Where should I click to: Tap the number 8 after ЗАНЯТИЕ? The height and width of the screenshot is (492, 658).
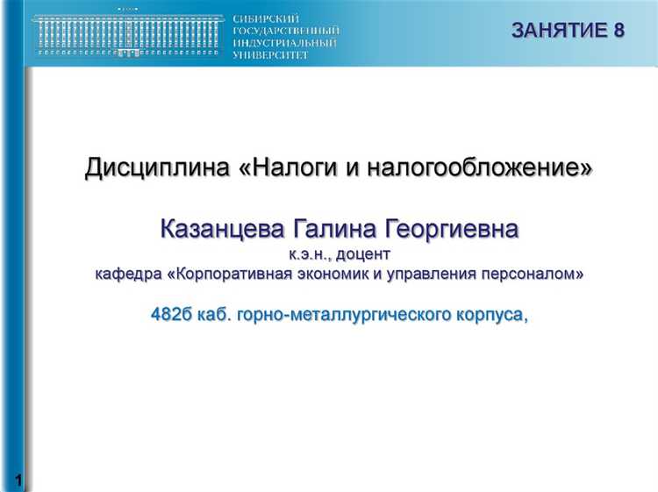pos(619,31)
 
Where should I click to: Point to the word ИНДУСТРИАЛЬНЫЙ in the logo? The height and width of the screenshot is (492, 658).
pos(285,42)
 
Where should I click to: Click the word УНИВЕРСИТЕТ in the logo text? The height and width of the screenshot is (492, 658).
pos(271,54)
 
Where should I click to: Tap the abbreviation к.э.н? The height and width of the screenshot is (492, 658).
pos(310,253)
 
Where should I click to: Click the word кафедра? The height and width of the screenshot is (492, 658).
pos(128,275)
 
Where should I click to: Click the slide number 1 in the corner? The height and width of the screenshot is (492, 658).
pos(18,480)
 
